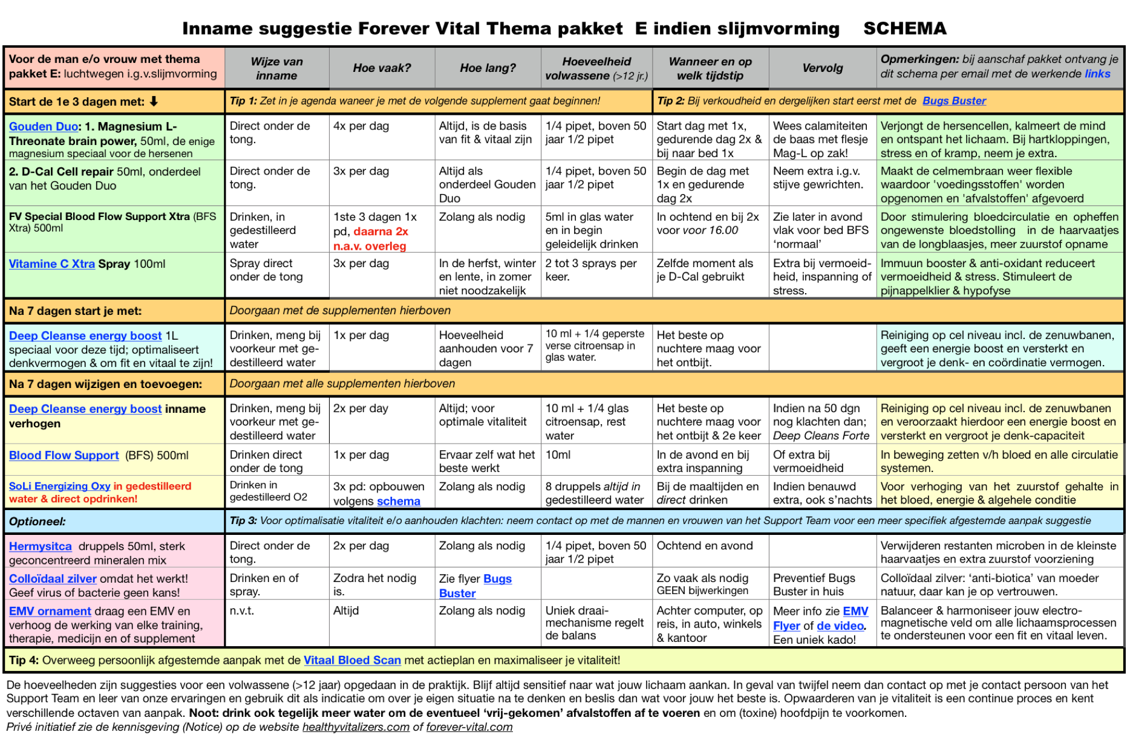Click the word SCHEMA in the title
pyautogui.click(x=904, y=28)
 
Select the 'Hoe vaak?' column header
pyautogui.click(x=382, y=68)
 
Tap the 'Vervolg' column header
pyautogui.click(x=822, y=68)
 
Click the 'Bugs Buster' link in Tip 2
pyautogui.click(x=954, y=101)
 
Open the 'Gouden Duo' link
pyautogui.click(x=44, y=126)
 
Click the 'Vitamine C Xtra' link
pyautogui.click(x=51, y=264)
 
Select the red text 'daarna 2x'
pyautogui.click(x=380, y=231)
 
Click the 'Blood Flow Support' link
pyautogui.click(x=64, y=455)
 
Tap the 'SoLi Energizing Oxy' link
pyautogui.click(x=59, y=486)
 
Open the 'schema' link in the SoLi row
pyautogui.click(x=398, y=501)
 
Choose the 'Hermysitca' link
pyautogui.click(x=40, y=546)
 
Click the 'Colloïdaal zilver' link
pyautogui.click(x=53, y=578)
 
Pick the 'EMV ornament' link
pyautogui.click(x=50, y=611)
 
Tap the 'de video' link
pyautogui.click(x=840, y=626)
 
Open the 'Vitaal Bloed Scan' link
pyautogui.click(x=352, y=660)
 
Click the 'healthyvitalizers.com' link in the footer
pyautogui.click(x=356, y=726)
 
